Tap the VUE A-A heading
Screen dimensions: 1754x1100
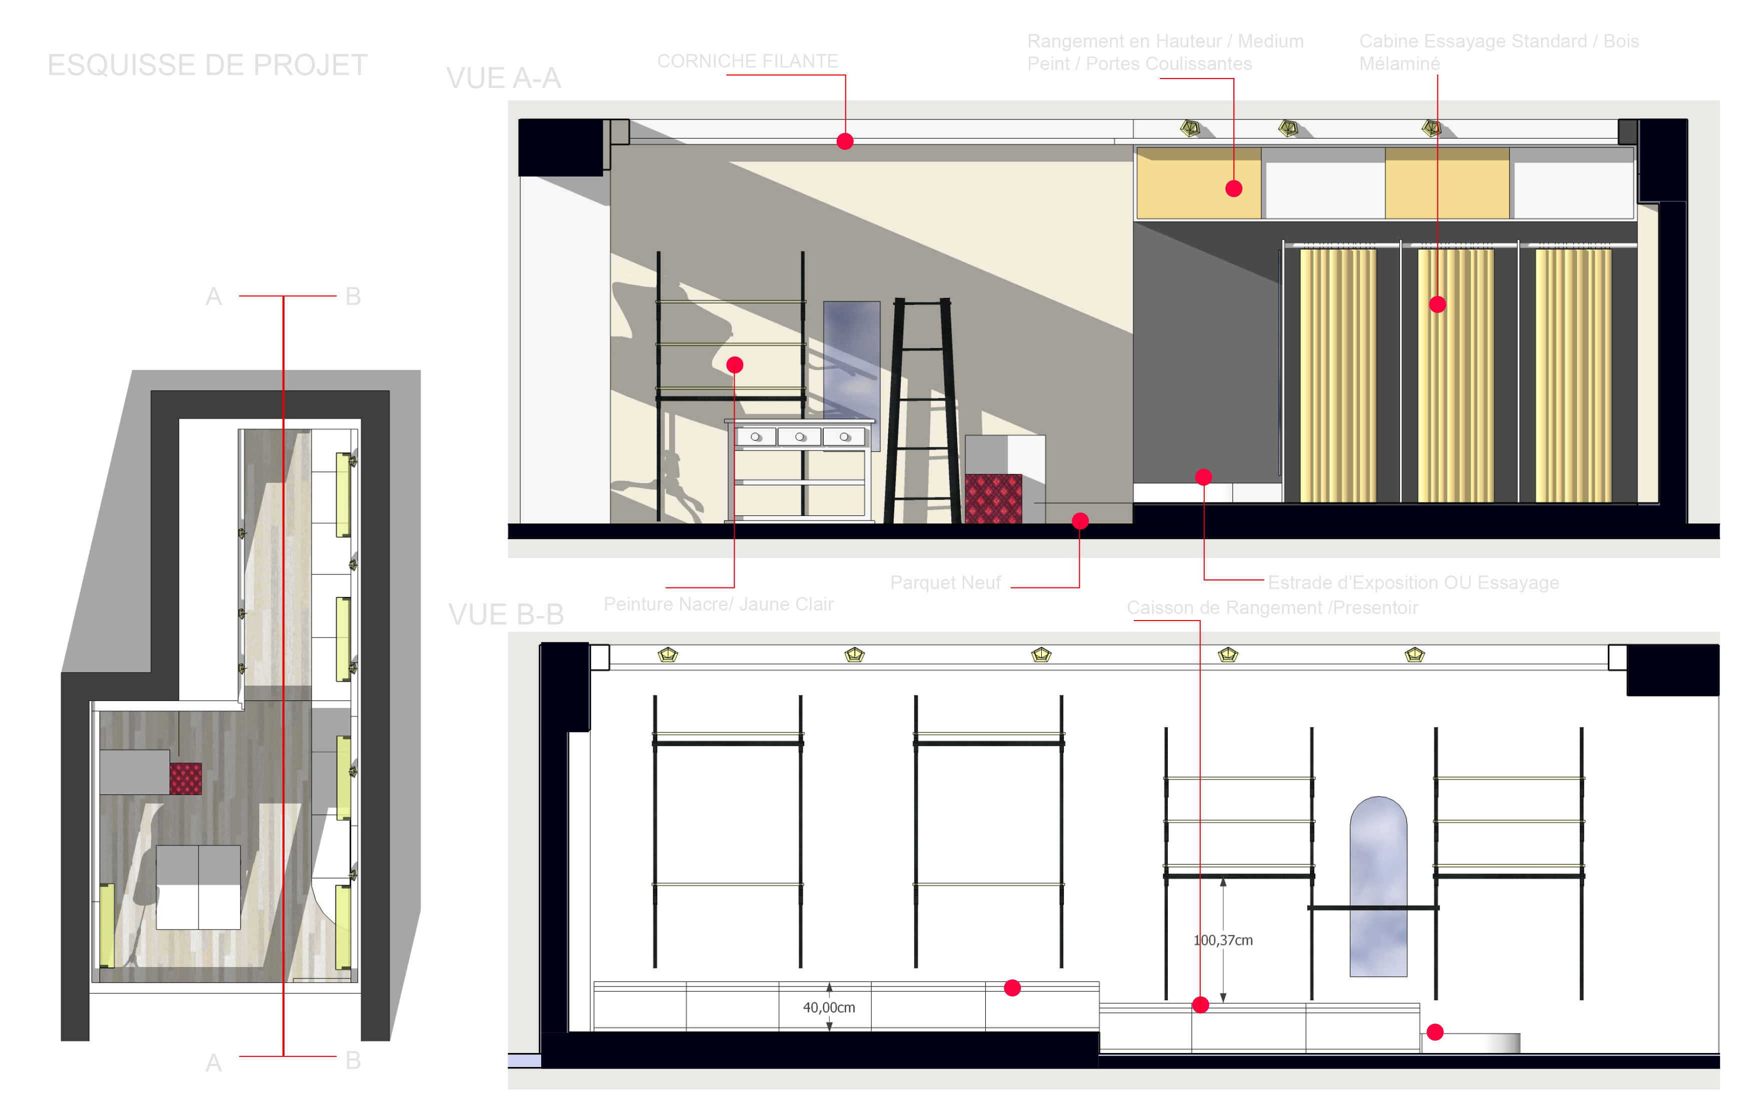coord(504,78)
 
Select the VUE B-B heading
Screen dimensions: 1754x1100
coord(506,614)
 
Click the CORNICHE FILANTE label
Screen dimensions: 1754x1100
coord(748,61)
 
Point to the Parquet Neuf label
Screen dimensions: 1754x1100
coord(946,582)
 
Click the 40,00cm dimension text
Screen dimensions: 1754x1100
coord(829,1007)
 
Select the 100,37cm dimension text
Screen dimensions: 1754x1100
coord(1223,940)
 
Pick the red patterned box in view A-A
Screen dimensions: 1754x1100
coord(993,498)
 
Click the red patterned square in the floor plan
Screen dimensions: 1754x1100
coord(186,778)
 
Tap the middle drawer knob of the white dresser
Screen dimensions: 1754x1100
coord(800,436)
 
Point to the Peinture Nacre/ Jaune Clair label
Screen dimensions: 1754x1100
coord(719,604)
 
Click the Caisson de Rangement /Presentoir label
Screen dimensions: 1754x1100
coord(1272,607)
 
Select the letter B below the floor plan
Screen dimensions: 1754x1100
coord(353,1060)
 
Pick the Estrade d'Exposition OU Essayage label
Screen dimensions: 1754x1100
coord(1413,582)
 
